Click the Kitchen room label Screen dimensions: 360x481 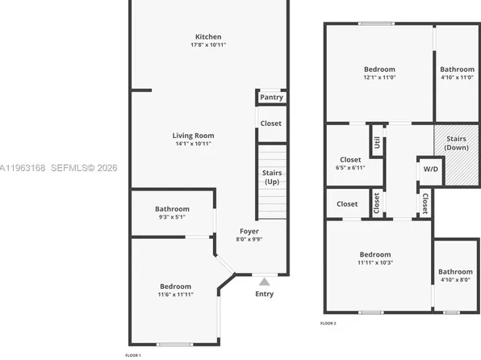[207, 40]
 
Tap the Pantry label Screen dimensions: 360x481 [270, 98]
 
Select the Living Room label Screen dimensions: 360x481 [193, 139]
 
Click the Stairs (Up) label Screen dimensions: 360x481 [272, 177]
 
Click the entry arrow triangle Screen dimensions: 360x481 [264, 282]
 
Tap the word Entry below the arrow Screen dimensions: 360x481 [264, 294]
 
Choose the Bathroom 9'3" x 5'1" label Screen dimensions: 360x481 [173, 213]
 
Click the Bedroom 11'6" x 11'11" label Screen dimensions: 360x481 [175, 291]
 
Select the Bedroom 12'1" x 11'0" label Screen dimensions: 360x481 [379, 73]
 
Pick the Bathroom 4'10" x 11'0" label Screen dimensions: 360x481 [456, 73]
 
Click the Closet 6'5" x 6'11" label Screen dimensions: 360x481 [350, 163]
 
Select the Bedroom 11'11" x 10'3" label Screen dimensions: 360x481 [375, 258]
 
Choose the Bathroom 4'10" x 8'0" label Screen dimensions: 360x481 [455, 275]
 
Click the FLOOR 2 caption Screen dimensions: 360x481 [328, 322]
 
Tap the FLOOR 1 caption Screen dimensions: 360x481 [133, 355]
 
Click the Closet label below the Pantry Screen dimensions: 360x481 [270, 123]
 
